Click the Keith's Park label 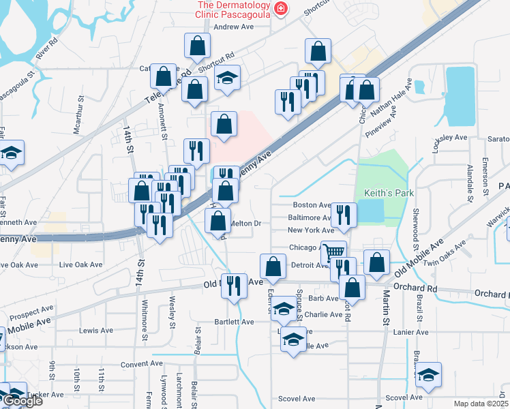(x=389, y=194)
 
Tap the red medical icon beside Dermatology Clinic (x=280, y=8)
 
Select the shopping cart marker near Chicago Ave (x=333, y=252)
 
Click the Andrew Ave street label (x=234, y=27)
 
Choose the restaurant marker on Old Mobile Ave (x=235, y=286)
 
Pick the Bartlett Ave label (x=235, y=322)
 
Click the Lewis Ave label (x=96, y=331)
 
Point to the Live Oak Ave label (x=81, y=264)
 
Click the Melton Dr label (x=246, y=223)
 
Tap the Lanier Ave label (x=411, y=332)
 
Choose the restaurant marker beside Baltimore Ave (x=344, y=215)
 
